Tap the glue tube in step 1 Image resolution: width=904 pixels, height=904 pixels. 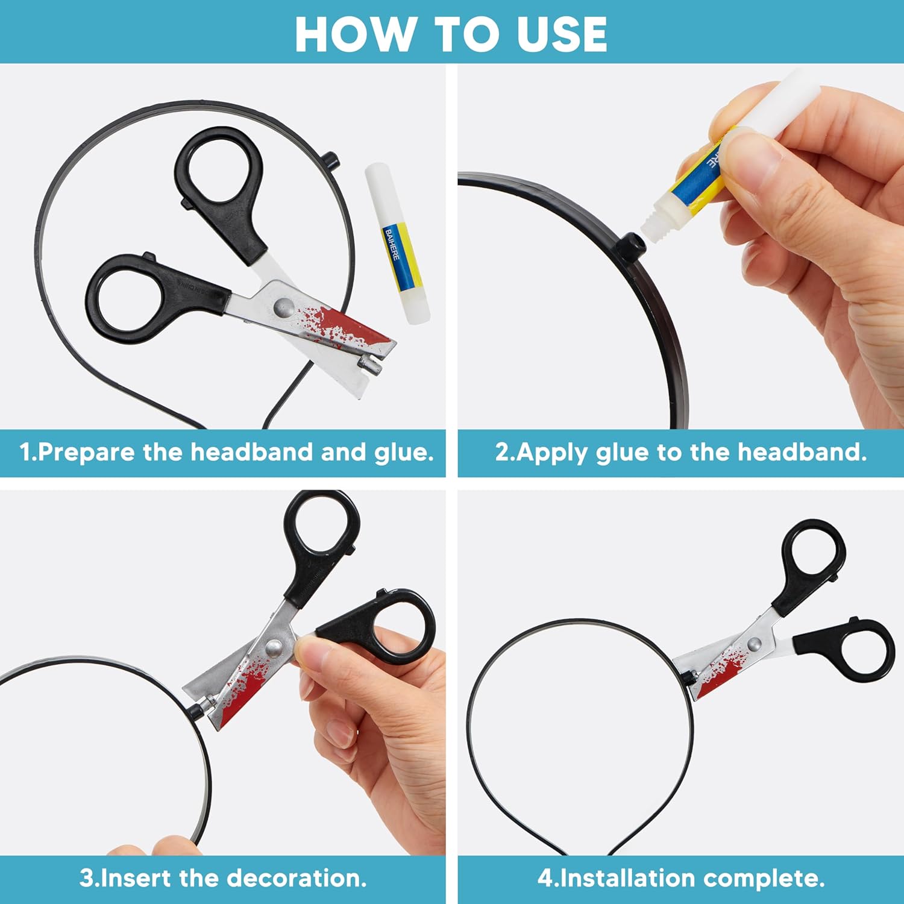(x=397, y=243)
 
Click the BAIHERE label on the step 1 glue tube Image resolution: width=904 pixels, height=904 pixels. (x=392, y=245)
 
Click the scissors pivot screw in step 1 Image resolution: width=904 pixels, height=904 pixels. (x=283, y=308)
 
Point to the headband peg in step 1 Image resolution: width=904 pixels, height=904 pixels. (x=330, y=162)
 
